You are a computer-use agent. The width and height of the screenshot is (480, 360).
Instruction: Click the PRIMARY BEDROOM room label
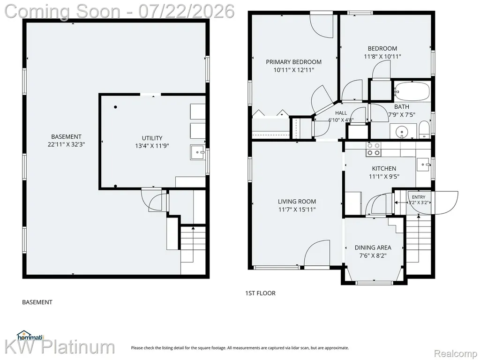pyautogui.click(x=293, y=62)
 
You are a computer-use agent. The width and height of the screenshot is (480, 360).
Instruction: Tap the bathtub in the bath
pyautogui.click(x=412, y=91)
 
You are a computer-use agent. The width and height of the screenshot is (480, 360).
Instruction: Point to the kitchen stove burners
pyautogui.click(x=374, y=149)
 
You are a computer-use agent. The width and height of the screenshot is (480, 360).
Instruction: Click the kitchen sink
pyautogui.click(x=423, y=165)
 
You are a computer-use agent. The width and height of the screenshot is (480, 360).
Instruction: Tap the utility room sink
pyautogui.click(x=197, y=152)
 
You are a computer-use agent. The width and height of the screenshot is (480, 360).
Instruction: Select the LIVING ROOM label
pyautogui.click(x=297, y=202)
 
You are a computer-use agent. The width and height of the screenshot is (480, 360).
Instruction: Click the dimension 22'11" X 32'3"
pyautogui.click(x=66, y=144)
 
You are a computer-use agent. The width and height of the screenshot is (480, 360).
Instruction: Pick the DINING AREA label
pyautogui.click(x=373, y=247)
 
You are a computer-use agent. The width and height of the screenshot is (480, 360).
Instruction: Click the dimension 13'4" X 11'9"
pyautogui.click(x=152, y=146)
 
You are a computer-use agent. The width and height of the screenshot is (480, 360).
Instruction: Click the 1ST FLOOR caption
pyautogui.click(x=260, y=293)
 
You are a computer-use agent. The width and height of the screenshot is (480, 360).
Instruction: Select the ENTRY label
pyautogui.click(x=419, y=197)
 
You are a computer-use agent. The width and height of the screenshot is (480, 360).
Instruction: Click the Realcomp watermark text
pyautogui.click(x=456, y=354)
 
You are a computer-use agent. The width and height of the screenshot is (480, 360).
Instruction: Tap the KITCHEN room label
pyautogui.click(x=384, y=168)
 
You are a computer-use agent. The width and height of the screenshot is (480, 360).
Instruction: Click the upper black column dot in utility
pyautogui.click(x=115, y=107)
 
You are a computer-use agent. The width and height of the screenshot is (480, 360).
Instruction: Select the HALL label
pyautogui.click(x=341, y=113)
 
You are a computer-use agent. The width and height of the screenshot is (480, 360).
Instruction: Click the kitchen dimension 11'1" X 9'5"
pyautogui.click(x=384, y=177)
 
